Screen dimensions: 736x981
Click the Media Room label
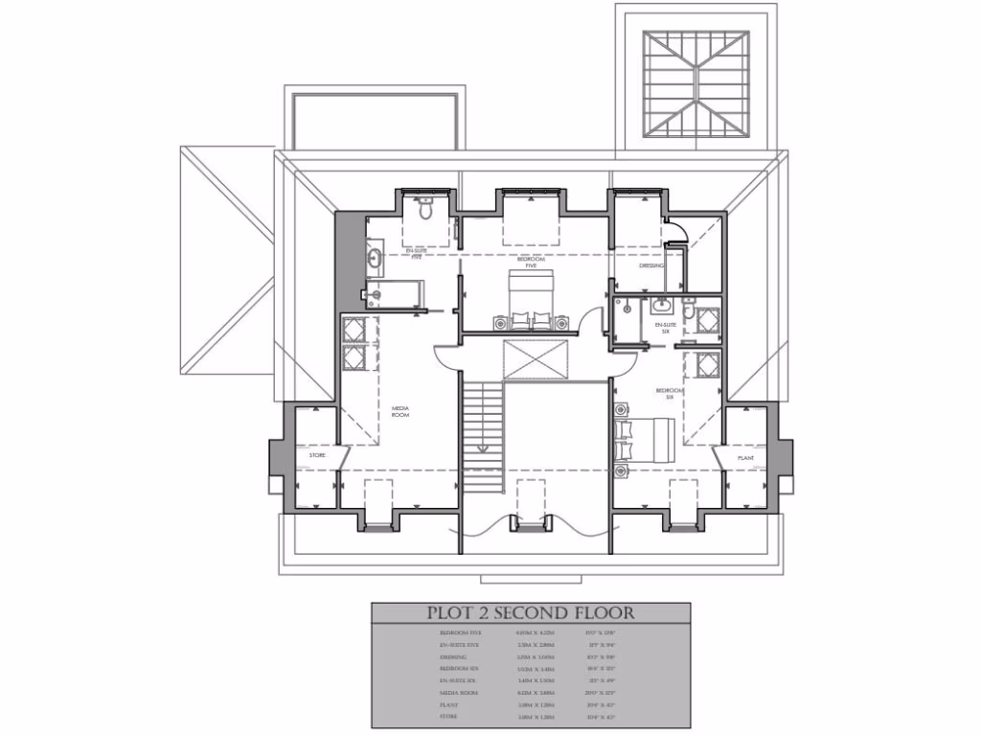[400, 411]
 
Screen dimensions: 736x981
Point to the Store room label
[317, 455]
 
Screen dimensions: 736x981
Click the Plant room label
[746, 459]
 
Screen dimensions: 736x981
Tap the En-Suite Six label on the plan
[666, 329]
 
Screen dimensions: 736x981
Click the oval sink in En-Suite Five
[375, 258]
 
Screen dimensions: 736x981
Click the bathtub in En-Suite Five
[393, 293]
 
